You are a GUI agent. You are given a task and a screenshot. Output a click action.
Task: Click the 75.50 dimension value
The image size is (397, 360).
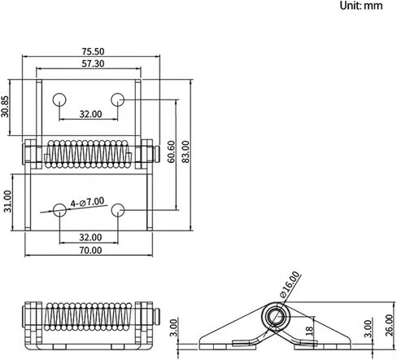pos(93,51)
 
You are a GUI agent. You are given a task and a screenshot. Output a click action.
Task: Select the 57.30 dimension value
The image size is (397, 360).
pos(93,64)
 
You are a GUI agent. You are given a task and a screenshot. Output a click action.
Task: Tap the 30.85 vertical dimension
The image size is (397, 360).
pos(5,107)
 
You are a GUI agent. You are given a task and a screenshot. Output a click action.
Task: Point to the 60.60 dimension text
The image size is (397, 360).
pos(171,151)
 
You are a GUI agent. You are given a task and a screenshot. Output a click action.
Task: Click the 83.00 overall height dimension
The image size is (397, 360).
pos(185,151)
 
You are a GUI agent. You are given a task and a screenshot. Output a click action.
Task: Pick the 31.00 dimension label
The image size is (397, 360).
pos(7,201)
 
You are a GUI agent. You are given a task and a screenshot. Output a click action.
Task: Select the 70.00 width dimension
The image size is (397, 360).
pos(90,250)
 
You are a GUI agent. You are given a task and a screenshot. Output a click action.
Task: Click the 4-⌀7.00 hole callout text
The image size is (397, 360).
pos(87,202)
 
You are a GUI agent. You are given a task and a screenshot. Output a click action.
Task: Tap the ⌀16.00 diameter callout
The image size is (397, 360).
pos(290,284)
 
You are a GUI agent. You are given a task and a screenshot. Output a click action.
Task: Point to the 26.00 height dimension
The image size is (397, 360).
pos(389,325)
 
